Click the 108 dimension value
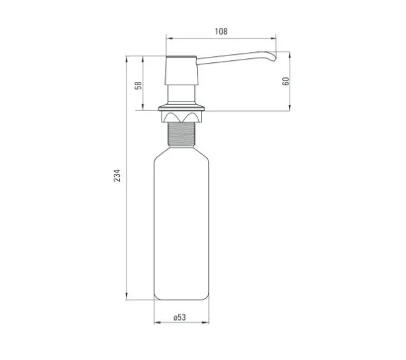[221, 31]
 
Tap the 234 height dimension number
[117, 175]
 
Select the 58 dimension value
[139, 85]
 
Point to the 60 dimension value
[286, 81]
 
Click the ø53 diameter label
[179, 317]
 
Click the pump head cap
[182, 70]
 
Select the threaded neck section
[181, 135]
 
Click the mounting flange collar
[181, 108]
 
